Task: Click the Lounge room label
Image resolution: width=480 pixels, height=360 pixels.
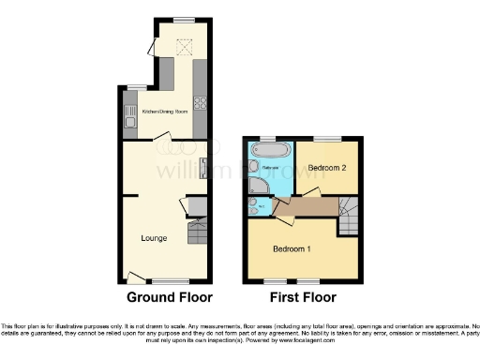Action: pyautogui.click(x=155, y=238)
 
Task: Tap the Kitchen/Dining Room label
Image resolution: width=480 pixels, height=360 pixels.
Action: pyautogui.click(x=160, y=111)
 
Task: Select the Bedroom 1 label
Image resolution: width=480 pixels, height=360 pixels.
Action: pyautogui.click(x=292, y=249)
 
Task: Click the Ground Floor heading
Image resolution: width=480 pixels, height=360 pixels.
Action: pyautogui.click(x=170, y=297)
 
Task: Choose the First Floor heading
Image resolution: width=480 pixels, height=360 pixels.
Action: pyautogui.click(x=303, y=297)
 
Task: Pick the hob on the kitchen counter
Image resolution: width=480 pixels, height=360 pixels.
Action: pyautogui.click(x=200, y=105)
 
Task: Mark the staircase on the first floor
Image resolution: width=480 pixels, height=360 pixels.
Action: pyautogui.click(x=348, y=218)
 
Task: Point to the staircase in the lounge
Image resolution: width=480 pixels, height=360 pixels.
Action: pyautogui.click(x=198, y=231)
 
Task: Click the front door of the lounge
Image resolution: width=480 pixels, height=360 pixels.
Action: pyautogui.click(x=136, y=277)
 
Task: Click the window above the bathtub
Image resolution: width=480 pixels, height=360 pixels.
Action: pyautogui.click(x=270, y=138)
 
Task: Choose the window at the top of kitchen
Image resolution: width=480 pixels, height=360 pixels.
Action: pyautogui.click(x=182, y=21)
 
